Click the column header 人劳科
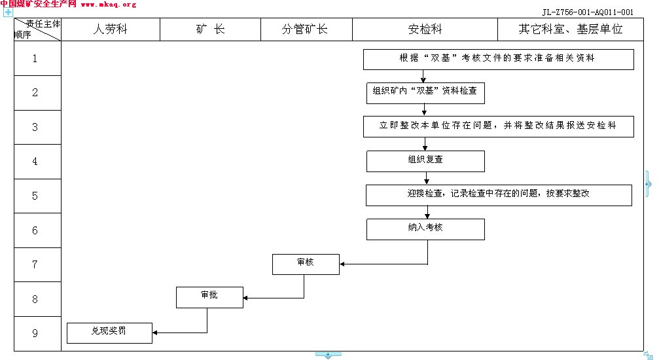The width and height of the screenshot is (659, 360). (110, 29)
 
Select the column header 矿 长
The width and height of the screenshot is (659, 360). (210, 29)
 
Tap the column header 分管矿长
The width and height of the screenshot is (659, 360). (305, 29)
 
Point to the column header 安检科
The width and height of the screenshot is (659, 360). (425, 29)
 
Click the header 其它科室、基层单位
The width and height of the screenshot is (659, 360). (570, 29)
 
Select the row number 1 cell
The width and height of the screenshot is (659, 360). (35, 59)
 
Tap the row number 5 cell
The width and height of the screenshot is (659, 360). (35, 196)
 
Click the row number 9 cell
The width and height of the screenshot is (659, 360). (35, 333)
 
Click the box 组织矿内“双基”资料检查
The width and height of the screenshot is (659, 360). (425, 93)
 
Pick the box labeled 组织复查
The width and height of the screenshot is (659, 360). (425, 161)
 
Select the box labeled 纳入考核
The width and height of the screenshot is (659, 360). (425, 229)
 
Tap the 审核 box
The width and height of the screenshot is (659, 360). (306, 264)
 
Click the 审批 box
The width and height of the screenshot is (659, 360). (209, 297)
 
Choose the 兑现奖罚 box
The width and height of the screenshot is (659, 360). (109, 333)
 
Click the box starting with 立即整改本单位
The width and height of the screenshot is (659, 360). (498, 126)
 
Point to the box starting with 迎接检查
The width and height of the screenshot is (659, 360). (498, 195)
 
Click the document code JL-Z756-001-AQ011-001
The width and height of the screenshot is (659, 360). (588, 12)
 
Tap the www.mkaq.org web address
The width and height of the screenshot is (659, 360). (109, 5)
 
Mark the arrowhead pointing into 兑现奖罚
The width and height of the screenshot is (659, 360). (156, 333)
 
